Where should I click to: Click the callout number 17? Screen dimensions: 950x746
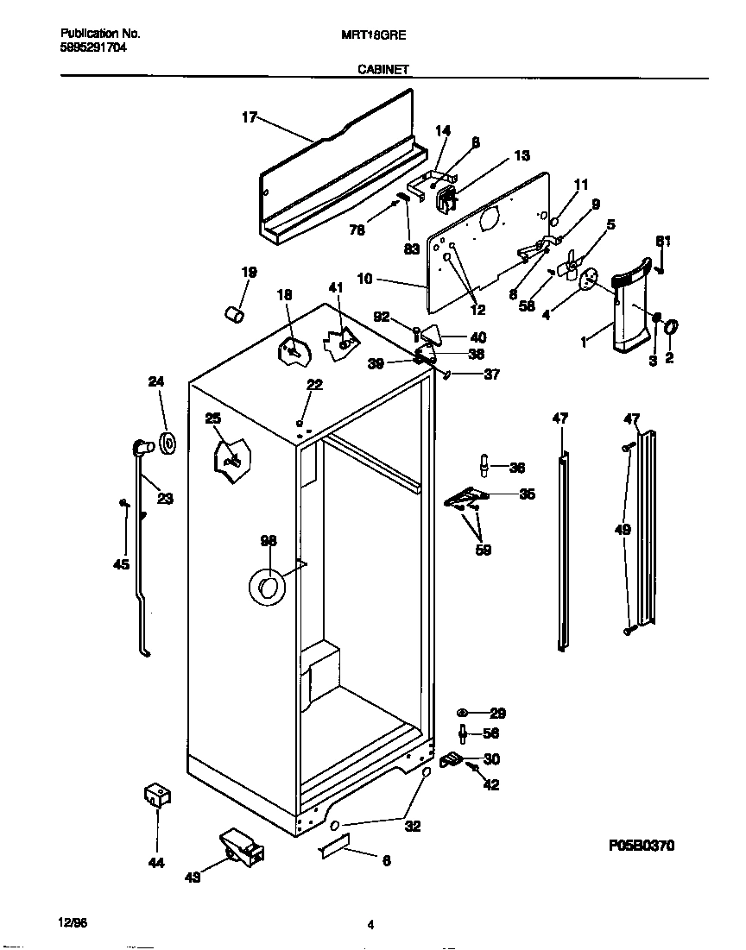click(249, 118)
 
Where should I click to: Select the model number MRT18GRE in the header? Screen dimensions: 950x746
click(375, 35)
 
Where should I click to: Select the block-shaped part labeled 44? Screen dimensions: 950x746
click(155, 796)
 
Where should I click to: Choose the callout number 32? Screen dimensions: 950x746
click(413, 826)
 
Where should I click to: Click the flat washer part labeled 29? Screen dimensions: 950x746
click(463, 713)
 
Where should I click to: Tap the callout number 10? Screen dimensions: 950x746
click(364, 279)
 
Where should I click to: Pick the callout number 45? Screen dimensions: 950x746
click(122, 564)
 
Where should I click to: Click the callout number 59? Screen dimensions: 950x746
click(483, 550)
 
